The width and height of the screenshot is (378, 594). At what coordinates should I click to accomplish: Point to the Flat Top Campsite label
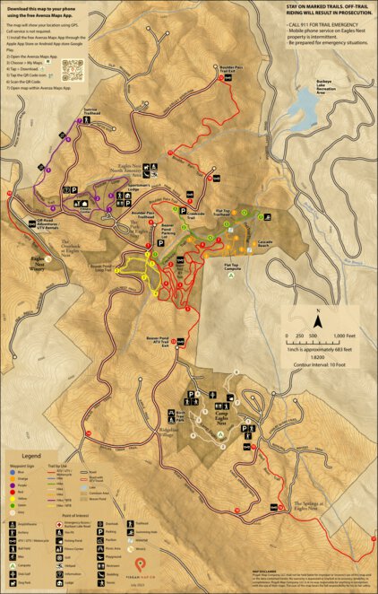pos(230,266)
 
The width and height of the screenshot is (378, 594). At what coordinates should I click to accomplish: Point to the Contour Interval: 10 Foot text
pos(318,367)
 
